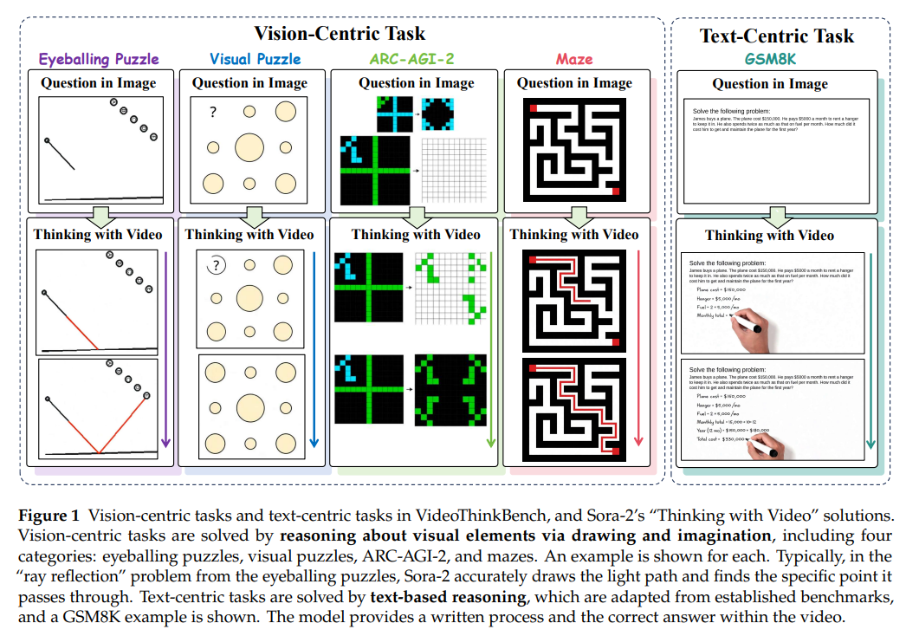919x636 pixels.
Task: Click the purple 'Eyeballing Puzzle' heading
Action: [x=100, y=59]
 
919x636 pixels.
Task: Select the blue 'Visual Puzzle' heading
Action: [x=256, y=59]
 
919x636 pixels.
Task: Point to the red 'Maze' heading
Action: [x=575, y=59]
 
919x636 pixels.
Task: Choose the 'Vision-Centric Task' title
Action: [x=340, y=34]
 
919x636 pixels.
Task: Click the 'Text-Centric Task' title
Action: [x=777, y=36]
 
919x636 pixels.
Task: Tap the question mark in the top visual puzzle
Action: [x=211, y=112]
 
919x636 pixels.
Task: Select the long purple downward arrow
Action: [x=165, y=347]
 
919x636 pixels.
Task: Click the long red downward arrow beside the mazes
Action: [x=639, y=347]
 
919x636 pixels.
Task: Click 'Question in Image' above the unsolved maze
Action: [x=574, y=83]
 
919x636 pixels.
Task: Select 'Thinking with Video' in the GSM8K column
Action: [x=769, y=235]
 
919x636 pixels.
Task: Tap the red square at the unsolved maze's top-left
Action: [x=534, y=108]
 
